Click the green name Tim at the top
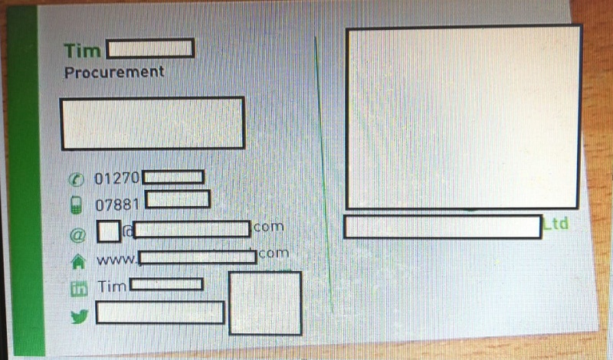pyautogui.click(x=83, y=51)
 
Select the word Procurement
pyautogui.click(x=114, y=72)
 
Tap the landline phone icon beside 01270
pyautogui.click(x=77, y=179)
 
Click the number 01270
pyautogui.click(x=117, y=178)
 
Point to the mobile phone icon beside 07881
pyautogui.click(x=77, y=205)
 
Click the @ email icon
pyautogui.click(x=77, y=231)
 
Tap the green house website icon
pyautogui.click(x=77, y=260)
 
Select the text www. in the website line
pyautogui.click(x=116, y=259)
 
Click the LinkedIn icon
pyautogui.click(x=78, y=288)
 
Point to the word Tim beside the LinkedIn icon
pyautogui.click(x=112, y=286)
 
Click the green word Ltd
pyautogui.click(x=556, y=224)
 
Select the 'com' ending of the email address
pyautogui.click(x=268, y=227)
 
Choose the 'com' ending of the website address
pyautogui.click(x=274, y=253)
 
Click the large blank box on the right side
pyautogui.click(x=464, y=118)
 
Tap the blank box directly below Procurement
pyautogui.click(x=152, y=123)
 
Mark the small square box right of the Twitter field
pyautogui.click(x=265, y=303)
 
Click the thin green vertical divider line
pyautogui.click(x=323, y=176)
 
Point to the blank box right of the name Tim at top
pyautogui.click(x=150, y=49)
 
